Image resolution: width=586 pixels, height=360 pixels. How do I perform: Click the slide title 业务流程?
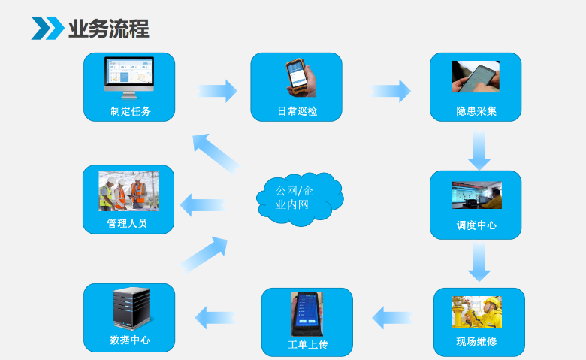(108, 29)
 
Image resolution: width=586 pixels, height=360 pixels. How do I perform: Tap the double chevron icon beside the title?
(47, 29)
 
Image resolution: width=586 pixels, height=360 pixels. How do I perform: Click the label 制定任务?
(130, 112)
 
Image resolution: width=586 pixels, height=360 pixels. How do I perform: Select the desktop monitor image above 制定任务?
(128, 77)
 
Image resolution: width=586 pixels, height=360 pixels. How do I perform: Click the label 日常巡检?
(297, 112)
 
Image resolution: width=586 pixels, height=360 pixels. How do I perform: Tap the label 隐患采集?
(476, 112)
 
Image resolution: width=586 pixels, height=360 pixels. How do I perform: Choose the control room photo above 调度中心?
(476, 195)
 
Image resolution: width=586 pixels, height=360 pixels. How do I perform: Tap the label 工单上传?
(307, 345)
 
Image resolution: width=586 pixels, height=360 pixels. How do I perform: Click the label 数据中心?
(129, 340)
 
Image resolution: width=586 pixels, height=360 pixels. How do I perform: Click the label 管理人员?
(127, 224)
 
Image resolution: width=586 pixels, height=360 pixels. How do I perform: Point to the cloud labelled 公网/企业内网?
(298, 198)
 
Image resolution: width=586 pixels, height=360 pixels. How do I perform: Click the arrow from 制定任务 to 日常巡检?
(218, 91)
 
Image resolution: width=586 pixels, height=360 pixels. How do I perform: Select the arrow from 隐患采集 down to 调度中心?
(479, 150)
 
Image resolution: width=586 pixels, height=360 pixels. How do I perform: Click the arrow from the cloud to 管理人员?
(203, 204)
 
